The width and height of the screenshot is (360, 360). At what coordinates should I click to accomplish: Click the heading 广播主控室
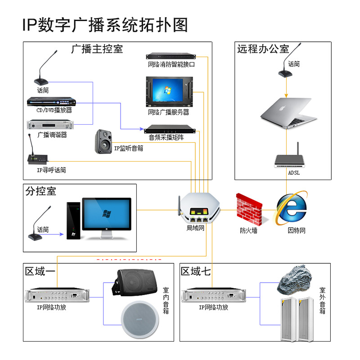pyautogui.click(x=97, y=49)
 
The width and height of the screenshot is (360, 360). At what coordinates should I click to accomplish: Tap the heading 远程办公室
pyautogui.click(x=263, y=49)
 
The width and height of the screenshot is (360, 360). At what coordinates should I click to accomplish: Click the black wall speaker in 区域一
pyautogui.click(x=135, y=282)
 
